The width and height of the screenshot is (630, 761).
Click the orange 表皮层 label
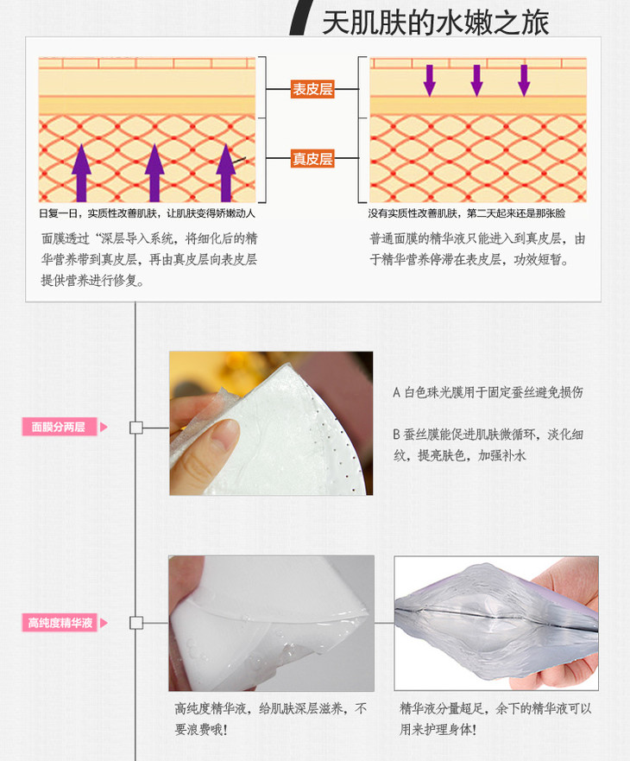312,89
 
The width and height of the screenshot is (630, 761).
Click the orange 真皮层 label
312,159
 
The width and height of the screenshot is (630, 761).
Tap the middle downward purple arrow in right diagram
476,79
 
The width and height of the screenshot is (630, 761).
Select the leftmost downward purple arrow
429,79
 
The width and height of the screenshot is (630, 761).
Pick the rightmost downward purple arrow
524,79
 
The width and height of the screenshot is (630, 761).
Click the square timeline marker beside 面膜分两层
135,428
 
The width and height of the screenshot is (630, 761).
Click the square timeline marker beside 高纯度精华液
135,623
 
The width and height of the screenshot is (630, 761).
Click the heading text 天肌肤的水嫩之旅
435,21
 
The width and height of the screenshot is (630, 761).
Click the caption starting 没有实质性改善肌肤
467,213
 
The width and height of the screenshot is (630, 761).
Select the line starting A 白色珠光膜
488,392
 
